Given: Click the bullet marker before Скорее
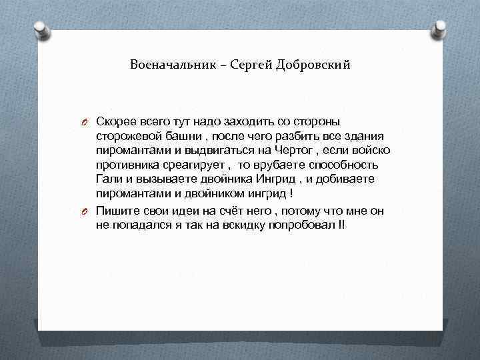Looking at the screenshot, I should point(86,122).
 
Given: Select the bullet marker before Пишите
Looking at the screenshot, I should point(86,212).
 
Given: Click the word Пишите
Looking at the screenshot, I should point(116,211).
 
